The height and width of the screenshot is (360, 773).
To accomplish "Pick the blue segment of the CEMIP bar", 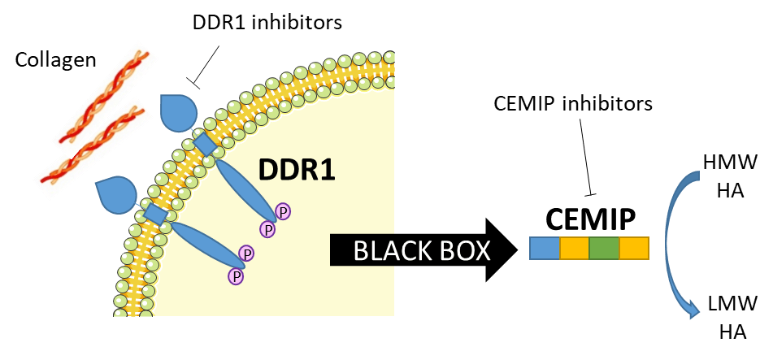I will [x=544, y=248].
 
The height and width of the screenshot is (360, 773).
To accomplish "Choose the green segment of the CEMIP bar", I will [x=604, y=248].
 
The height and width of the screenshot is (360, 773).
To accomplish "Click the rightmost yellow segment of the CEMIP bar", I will [x=634, y=248].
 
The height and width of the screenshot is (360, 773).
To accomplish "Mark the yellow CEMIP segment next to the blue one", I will [x=574, y=248].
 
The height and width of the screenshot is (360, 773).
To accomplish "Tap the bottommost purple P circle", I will [x=236, y=276].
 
